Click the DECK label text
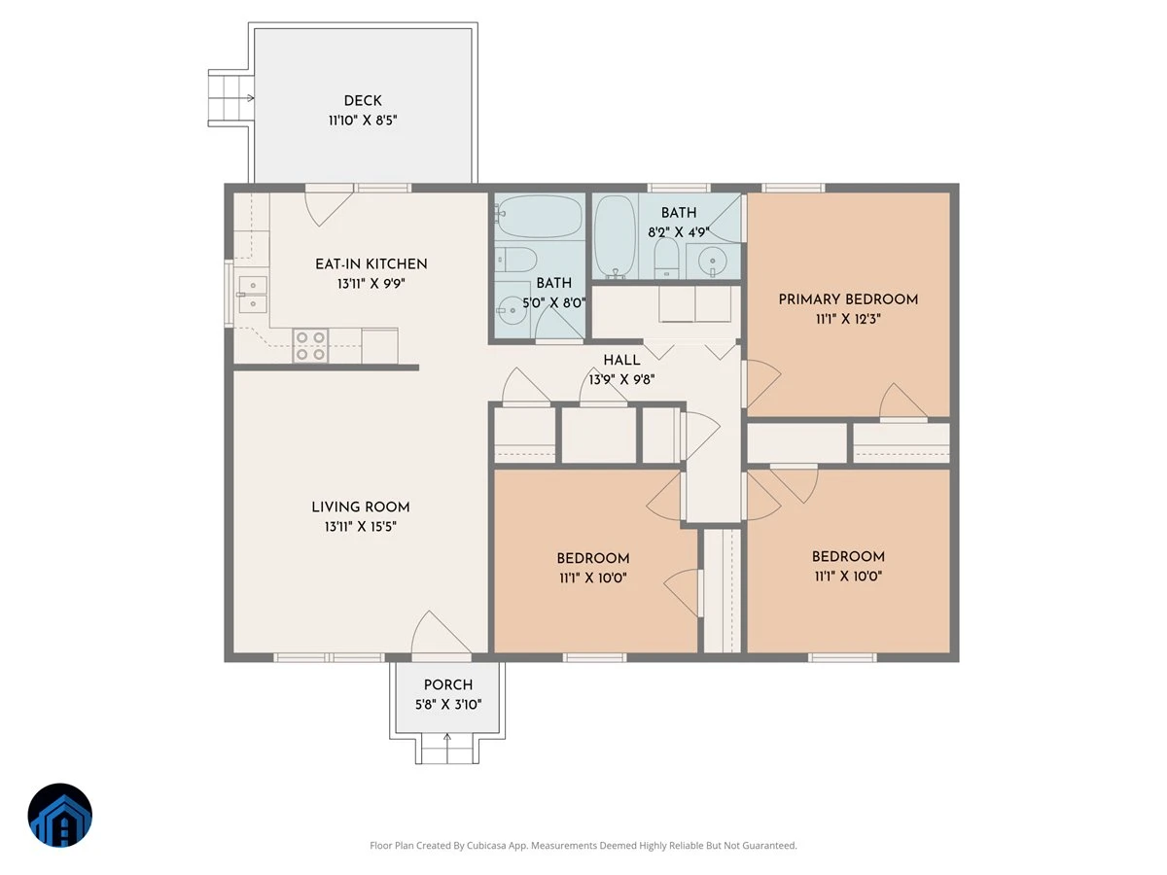[x=363, y=100]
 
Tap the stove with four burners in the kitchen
[x=310, y=346]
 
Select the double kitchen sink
[x=253, y=295]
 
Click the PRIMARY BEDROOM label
[x=848, y=299]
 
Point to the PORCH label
[x=448, y=684]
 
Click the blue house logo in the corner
[x=60, y=815]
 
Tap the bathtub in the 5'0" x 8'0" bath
[x=539, y=216]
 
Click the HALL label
[x=621, y=360]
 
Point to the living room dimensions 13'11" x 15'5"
[x=361, y=527]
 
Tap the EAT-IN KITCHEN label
[x=371, y=264]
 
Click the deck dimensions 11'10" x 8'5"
[x=363, y=120]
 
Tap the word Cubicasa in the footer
[x=487, y=845]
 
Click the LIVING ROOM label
[x=361, y=507]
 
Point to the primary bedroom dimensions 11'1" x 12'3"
[x=848, y=319]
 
